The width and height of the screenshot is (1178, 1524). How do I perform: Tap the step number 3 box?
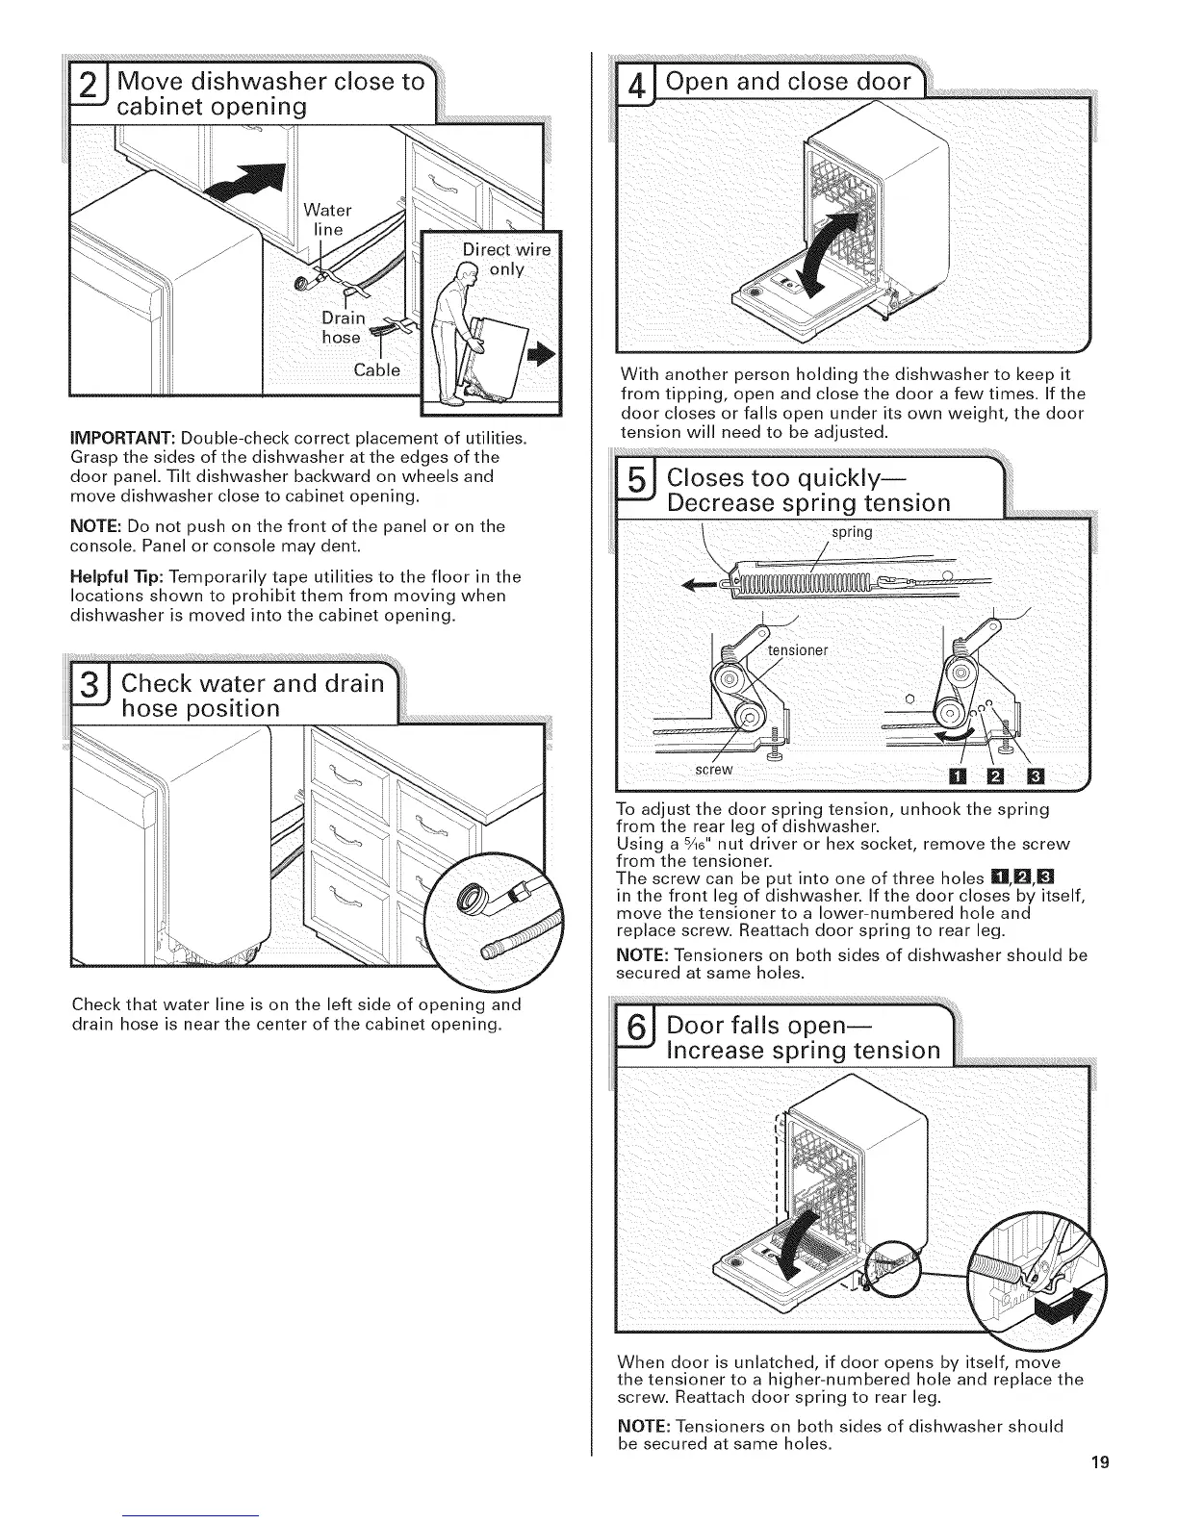pos(88,696)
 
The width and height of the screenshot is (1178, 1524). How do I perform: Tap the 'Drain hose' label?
pos(343,327)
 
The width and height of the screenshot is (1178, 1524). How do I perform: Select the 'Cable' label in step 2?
pos(377,370)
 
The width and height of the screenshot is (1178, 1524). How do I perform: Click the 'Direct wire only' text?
pos(506,260)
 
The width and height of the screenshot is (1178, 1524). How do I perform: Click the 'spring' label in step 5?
pos(850,532)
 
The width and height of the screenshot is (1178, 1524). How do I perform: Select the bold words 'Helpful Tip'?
pos(114,576)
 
